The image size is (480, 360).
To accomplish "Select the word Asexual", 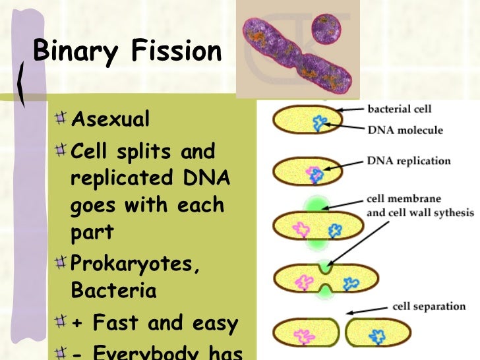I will tap(110, 120).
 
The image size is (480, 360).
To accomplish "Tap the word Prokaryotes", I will tap(134, 264).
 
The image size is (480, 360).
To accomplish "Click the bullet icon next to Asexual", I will tap(61, 119).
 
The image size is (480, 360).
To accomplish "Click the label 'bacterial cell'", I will tap(400, 109).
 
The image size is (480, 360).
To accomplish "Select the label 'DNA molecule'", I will tap(405, 130).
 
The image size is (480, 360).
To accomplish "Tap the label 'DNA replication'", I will tap(409, 161).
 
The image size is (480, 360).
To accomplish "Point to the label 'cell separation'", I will tap(429, 307).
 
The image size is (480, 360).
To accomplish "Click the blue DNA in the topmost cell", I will tap(320, 123).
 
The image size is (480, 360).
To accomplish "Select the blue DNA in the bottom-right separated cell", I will tap(378, 336).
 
